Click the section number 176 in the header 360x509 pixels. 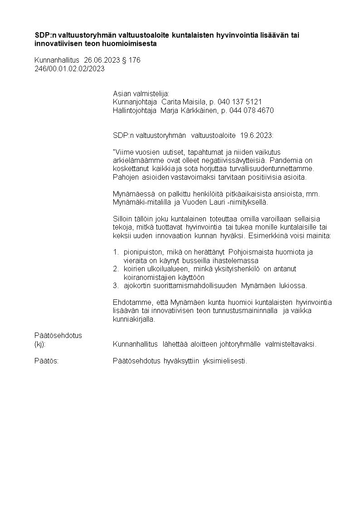[x=135, y=60]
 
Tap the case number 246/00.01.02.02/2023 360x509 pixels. [x=69, y=69]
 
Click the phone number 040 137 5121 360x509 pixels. [x=240, y=102]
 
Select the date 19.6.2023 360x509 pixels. [x=257, y=135]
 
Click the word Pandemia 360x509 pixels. [x=299, y=160]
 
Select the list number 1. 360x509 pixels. [x=115, y=252]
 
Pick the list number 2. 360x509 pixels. [x=115, y=269]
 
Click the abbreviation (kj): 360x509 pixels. [x=40, y=344]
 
